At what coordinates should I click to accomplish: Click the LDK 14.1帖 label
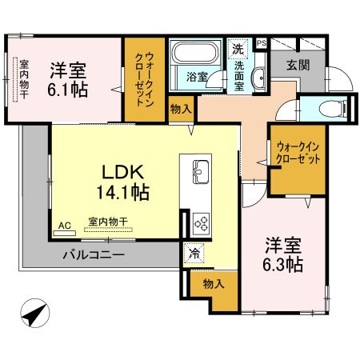pyautogui.click(x=124, y=182)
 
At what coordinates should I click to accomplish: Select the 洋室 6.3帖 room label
pyautogui.click(x=284, y=253)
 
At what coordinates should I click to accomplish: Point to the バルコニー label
pyautogui.click(x=94, y=256)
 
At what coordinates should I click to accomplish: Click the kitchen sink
pyautogui.click(x=200, y=171)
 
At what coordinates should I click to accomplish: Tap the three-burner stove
pyautogui.click(x=200, y=222)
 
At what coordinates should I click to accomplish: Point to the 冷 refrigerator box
pyautogui.click(x=194, y=254)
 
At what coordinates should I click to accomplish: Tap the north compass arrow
pyautogui.click(x=34, y=314)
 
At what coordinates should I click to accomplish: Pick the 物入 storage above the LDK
pyautogui.click(x=179, y=109)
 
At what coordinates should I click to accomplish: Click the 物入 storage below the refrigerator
pyautogui.click(x=212, y=284)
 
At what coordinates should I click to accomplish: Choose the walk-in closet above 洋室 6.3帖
pyautogui.click(x=298, y=154)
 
